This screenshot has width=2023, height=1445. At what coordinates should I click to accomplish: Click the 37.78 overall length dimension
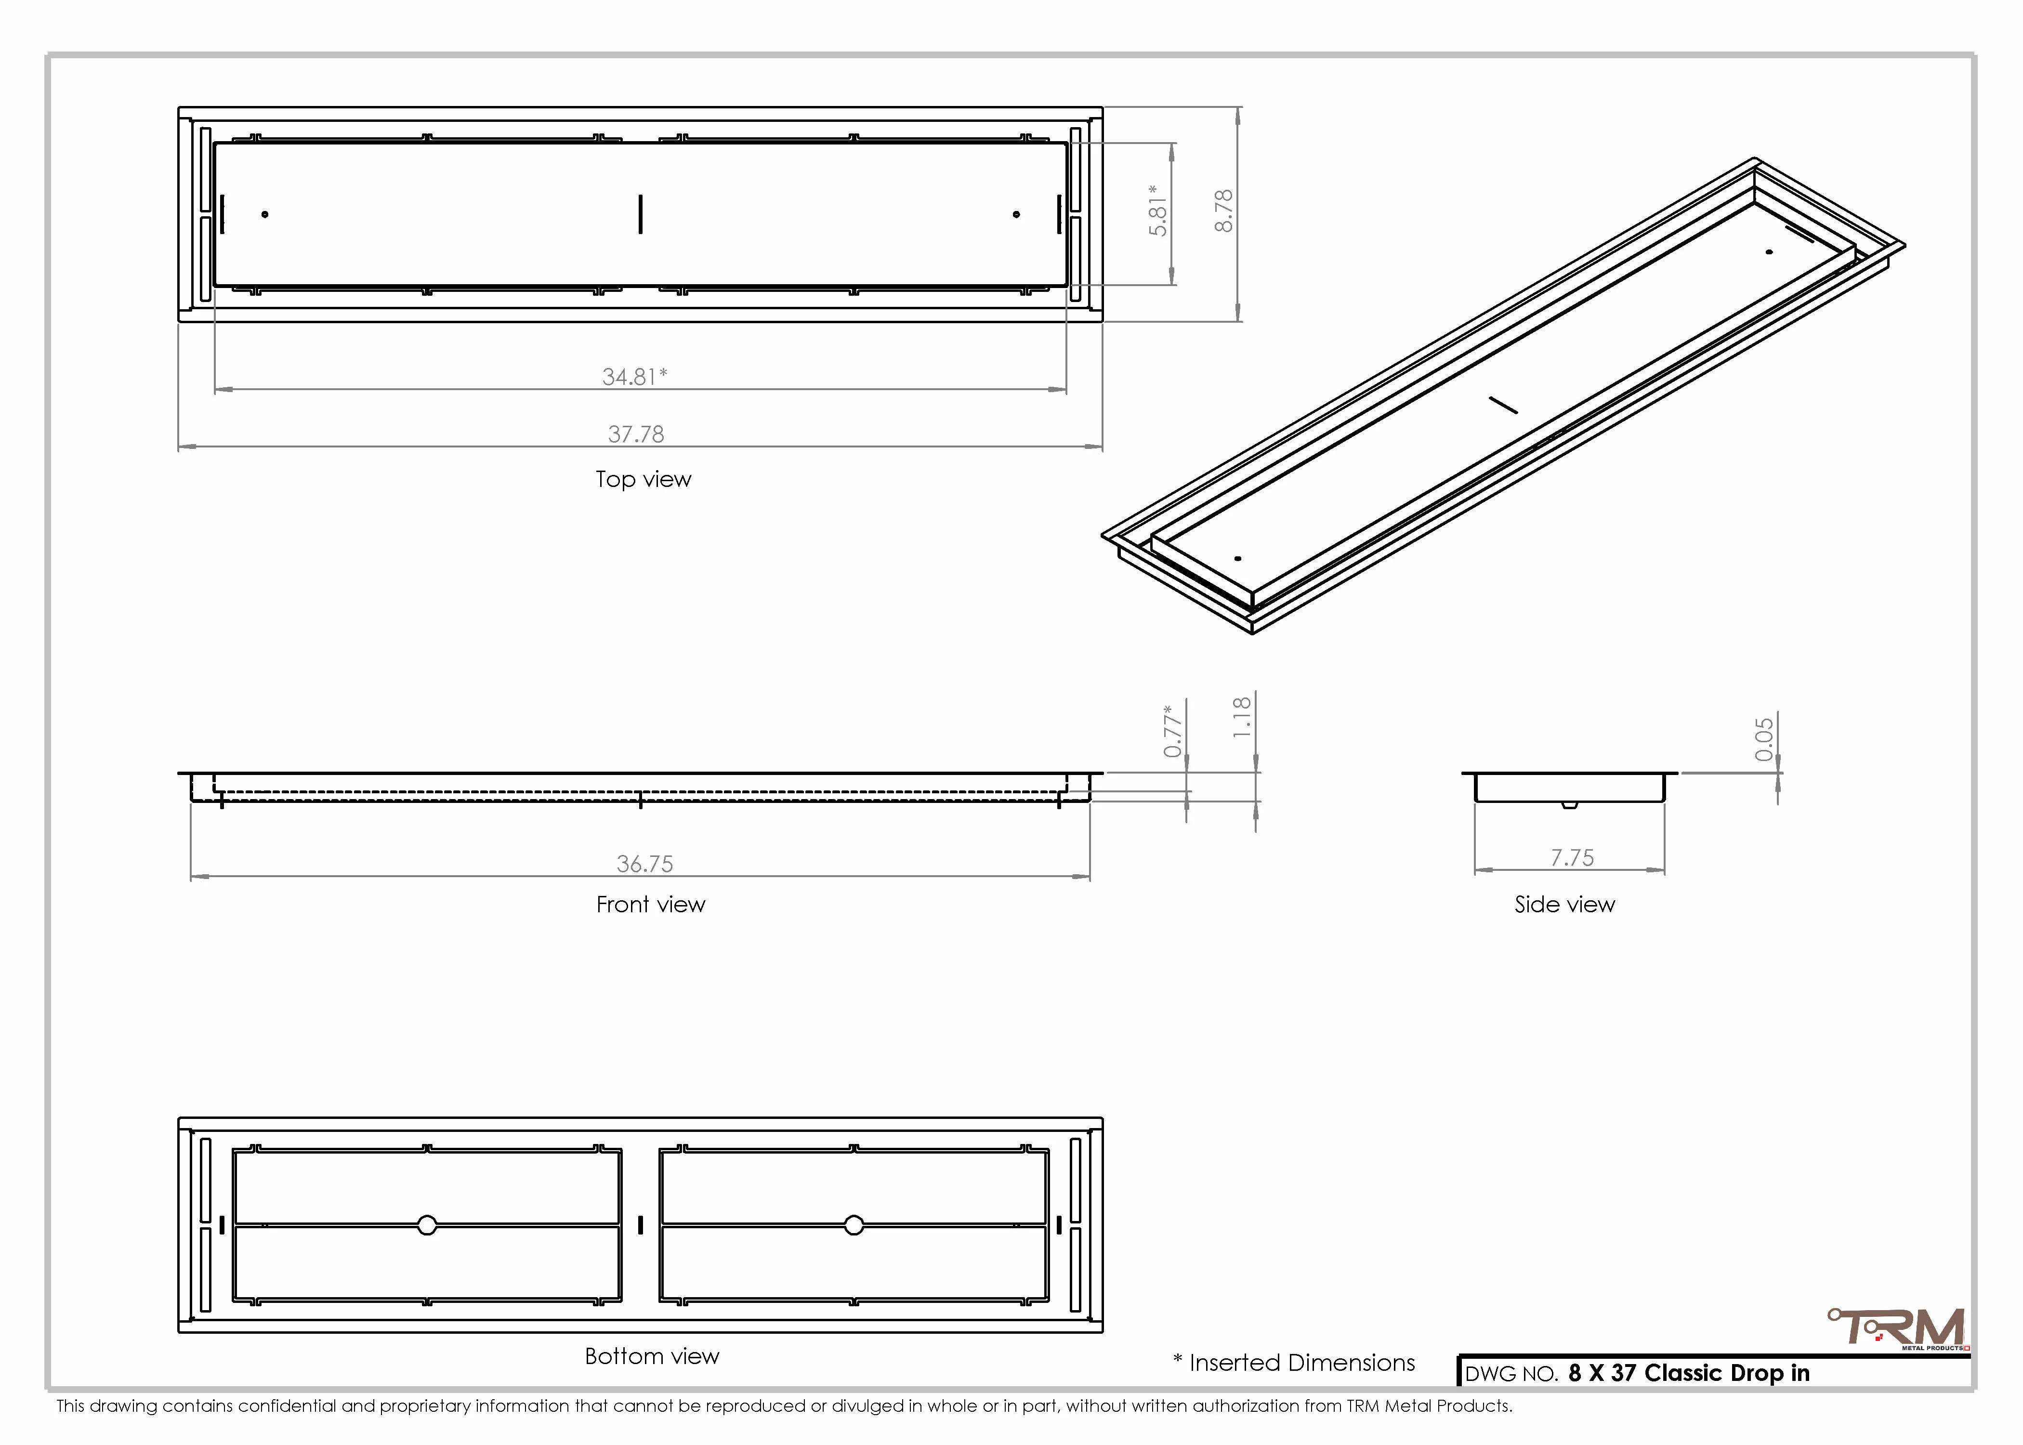pos(636,434)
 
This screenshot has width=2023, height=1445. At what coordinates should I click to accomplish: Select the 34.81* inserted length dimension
pos(634,376)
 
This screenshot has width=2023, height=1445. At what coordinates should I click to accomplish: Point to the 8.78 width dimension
pos(1224,211)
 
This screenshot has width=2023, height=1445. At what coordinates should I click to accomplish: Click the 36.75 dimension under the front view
pos(645,864)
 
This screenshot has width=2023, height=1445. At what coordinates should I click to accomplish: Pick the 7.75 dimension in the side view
pos(1572,858)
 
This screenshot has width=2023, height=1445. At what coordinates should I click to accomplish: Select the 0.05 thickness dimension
pos(1764,740)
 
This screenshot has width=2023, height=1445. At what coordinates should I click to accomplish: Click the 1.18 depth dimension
pos(1242,717)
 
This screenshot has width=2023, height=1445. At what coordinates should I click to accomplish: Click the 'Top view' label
pos(643,480)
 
